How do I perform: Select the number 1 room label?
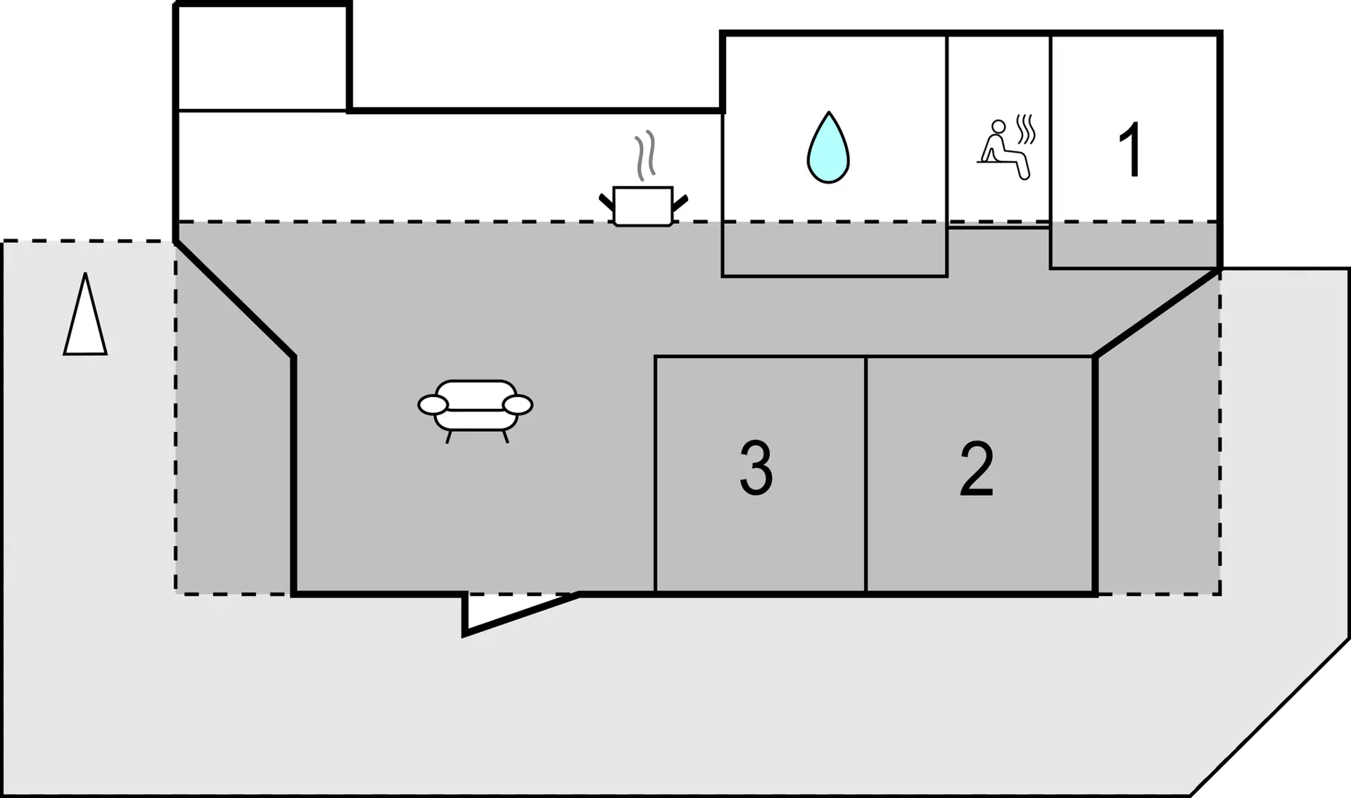point(1130,149)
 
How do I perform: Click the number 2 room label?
point(977,469)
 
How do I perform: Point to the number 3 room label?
point(756,469)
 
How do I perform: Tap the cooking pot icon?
point(643,206)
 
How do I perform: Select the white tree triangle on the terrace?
point(85,315)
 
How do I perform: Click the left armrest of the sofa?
point(433,405)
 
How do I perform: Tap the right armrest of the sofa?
point(518,405)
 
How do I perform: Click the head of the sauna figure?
point(998,127)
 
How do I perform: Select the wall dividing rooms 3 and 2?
point(866,475)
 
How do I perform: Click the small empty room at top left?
point(262,58)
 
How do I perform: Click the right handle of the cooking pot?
point(680,203)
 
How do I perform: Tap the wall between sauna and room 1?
point(1051,129)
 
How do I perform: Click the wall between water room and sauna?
point(948,129)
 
